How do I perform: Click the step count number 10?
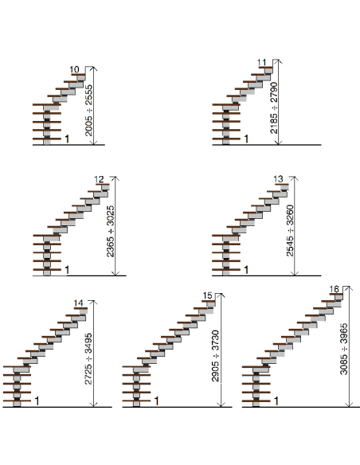point(75,70)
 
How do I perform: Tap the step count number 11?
point(262,62)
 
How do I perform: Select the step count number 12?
point(100,179)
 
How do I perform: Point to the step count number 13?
point(278,178)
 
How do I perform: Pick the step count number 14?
point(78,303)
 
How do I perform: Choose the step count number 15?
point(208,296)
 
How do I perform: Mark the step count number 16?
point(335,289)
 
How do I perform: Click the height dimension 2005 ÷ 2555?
point(88,106)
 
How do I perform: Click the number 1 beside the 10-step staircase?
point(67,139)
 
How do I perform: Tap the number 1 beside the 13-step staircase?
point(246,270)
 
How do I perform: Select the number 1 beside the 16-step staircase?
point(276,400)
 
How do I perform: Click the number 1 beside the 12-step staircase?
point(67,270)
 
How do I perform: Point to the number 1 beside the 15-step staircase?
point(156,400)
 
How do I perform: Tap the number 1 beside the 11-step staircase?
point(246,139)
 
